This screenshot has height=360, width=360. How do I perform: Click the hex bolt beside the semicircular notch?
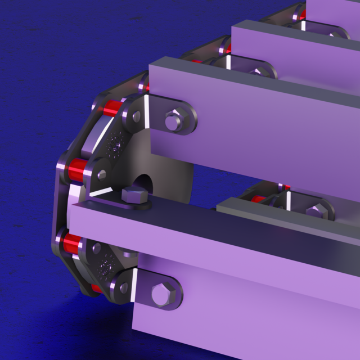pyautogui.click(x=134, y=196)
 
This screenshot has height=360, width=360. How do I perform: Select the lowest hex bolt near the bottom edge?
pyautogui.click(x=163, y=294)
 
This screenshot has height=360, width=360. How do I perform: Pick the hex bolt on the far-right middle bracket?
pyautogui.click(x=314, y=212)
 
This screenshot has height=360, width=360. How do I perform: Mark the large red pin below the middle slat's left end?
pyautogui.click(x=72, y=243)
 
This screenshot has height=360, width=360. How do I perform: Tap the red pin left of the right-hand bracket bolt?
pyautogui.click(x=259, y=199)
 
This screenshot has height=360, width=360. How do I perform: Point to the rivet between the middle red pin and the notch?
pyautogui.click(x=101, y=174)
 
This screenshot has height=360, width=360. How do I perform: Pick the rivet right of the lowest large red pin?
pyautogui.click(x=96, y=247)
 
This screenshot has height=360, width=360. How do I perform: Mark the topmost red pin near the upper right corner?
pyautogui.click(x=302, y=13)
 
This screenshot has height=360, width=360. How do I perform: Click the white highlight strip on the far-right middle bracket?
pyautogui.click(x=288, y=200)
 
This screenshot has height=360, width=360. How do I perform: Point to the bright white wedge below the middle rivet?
pyautogui.click(x=100, y=192)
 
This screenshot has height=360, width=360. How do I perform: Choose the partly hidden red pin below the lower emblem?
pyautogui.click(x=96, y=289)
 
